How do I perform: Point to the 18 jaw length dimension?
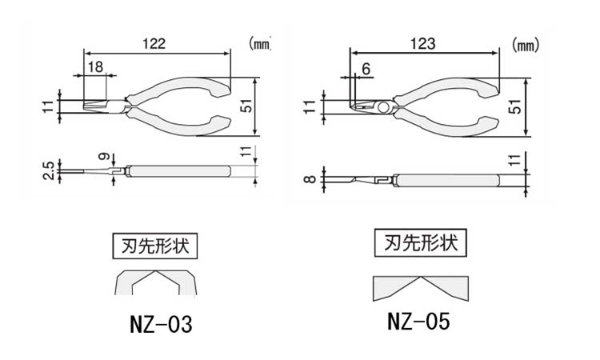[94, 67]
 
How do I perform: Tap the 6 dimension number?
[365, 68]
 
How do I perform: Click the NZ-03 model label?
[160, 326]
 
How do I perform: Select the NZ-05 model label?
[418, 322]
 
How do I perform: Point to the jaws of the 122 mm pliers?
[100, 106]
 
